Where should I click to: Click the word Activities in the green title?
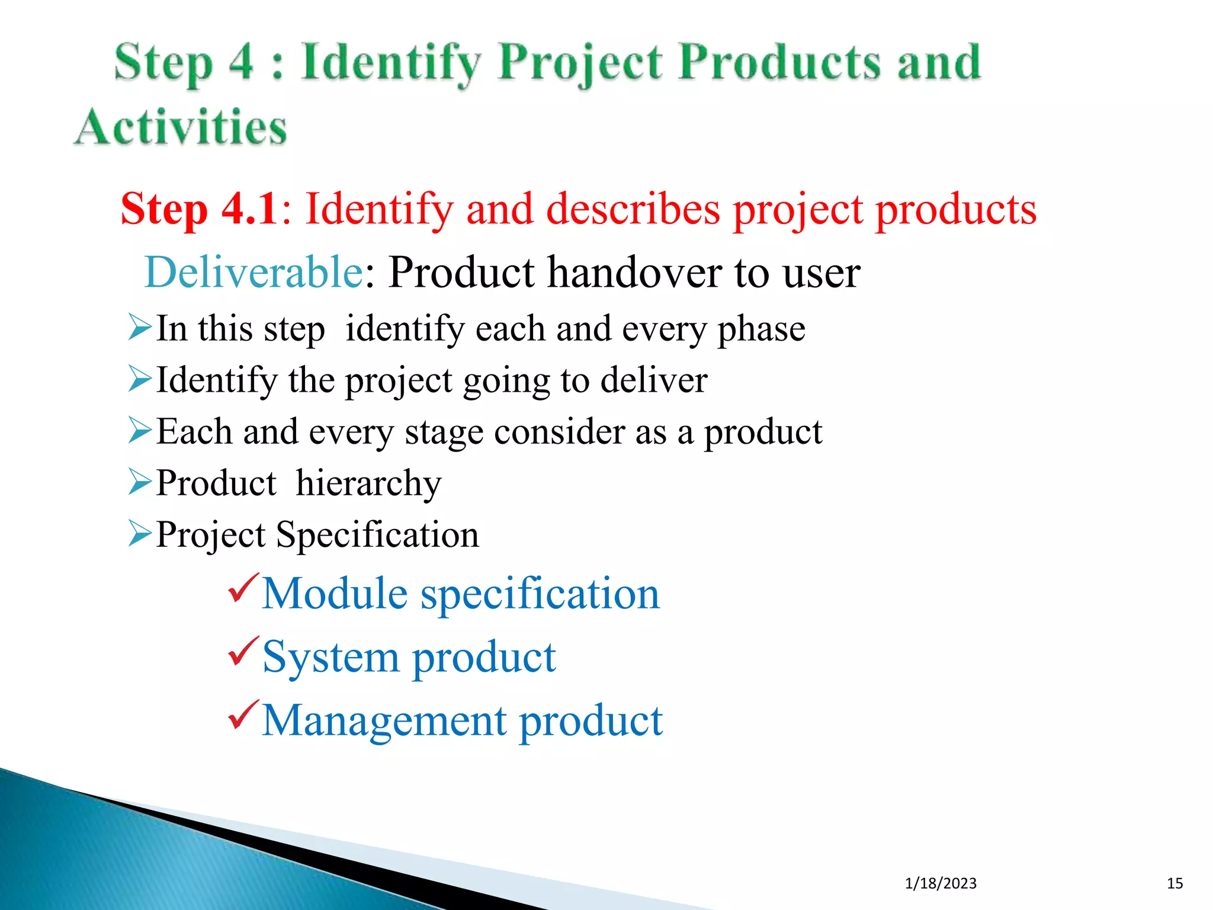181,127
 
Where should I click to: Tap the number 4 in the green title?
241,62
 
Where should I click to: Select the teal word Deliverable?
253,272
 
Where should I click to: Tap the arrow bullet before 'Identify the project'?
140,379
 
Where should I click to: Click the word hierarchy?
368,483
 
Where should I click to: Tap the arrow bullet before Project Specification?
140,534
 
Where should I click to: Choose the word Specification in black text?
377,535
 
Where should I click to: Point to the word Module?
335,593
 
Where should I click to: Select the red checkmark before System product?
243,652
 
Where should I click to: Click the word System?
330,658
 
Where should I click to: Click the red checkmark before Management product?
243,715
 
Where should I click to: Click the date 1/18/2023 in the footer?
941,883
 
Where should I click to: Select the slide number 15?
1175,883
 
